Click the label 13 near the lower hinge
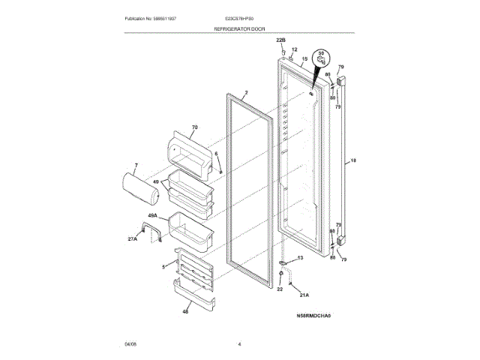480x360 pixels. (301, 258)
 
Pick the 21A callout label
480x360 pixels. (303, 295)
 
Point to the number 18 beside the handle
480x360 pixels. (353, 160)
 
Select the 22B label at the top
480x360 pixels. (281, 38)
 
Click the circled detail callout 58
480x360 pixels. (321, 58)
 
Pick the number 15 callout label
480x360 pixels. (304, 58)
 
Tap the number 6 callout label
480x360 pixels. (216, 154)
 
